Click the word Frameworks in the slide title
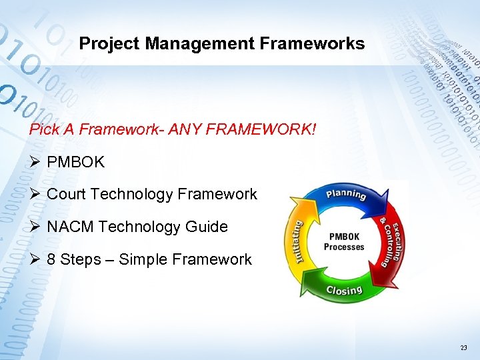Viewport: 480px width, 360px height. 313,44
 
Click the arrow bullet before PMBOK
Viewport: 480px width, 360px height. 35,162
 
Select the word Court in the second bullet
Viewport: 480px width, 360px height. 67,194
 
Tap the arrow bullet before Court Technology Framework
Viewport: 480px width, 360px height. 35,194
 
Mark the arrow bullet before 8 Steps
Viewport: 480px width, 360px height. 35,259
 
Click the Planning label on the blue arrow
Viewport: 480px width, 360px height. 345,195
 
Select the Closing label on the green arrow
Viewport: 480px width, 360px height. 344,290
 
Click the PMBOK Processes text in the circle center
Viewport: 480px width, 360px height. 344,242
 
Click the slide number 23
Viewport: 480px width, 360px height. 463,349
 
